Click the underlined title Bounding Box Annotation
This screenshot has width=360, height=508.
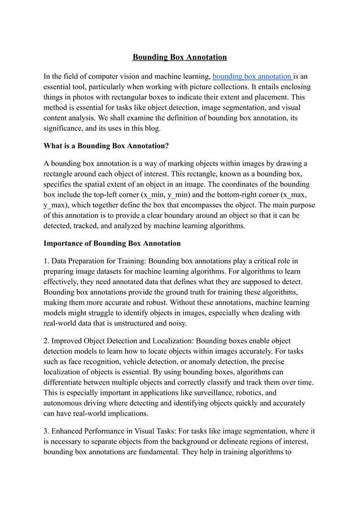pyautogui.click(x=179, y=57)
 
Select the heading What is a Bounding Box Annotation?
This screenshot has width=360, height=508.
pyautogui.click(x=106, y=145)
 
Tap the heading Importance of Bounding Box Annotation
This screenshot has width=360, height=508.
pyautogui.click(x=112, y=243)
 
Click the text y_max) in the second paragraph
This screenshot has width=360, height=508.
pyautogui.click(x=58, y=205)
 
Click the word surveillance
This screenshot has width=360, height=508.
pyautogui.click(x=219, y=393)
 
